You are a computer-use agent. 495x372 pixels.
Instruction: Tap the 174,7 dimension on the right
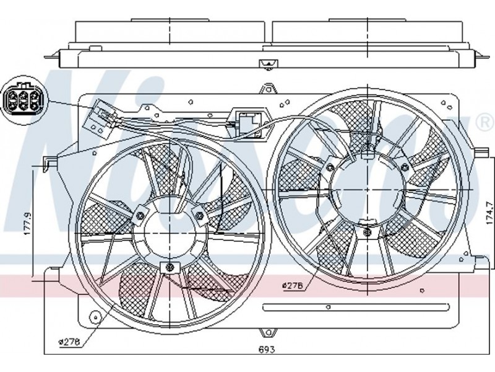click(x=488, y=214)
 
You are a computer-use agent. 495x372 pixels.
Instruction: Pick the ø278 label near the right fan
click(x=291, y=285)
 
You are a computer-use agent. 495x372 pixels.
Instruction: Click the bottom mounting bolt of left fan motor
click(x=168, y=267)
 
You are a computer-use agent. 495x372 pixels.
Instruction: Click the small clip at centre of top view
click(x=267, y=64)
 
